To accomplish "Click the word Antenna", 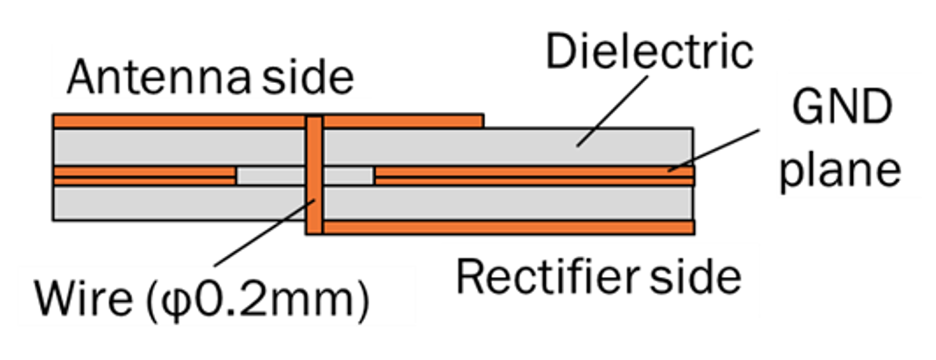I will point(159,78).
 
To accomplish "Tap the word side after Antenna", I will point(308,78).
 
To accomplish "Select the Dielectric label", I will point(649,52).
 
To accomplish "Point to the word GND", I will point(842,108).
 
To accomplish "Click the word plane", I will point(840,171).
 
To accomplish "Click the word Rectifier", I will point(547,277).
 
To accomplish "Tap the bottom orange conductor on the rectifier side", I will point(508,227).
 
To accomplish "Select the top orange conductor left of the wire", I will point(179,121).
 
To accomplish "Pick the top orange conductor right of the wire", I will point(403,121).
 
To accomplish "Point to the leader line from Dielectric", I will point(613,111).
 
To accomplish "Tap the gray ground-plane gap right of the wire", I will point(348,176).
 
